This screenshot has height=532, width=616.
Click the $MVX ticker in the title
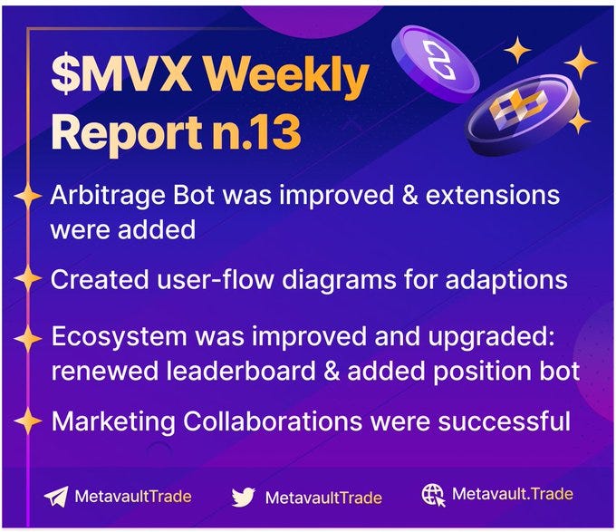click(120, 79)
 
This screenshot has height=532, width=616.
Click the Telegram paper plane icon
click(56, 497)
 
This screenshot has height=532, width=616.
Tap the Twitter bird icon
click(243, 497)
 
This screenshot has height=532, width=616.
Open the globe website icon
click(433, 495)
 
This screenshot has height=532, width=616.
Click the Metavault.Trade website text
click(512, 495)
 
